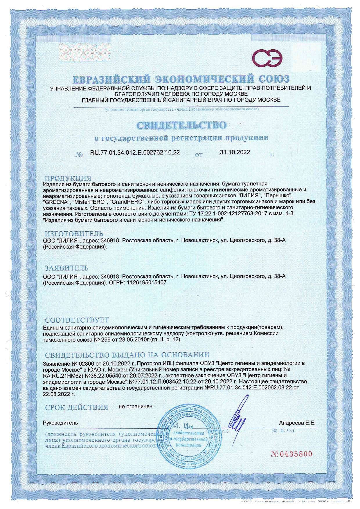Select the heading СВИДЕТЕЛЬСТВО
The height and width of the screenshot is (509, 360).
point(181,126)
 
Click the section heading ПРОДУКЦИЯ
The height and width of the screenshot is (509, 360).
point(68,178)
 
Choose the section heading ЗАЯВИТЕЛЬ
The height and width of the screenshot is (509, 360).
point(66,268)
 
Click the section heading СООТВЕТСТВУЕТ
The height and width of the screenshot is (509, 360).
point(77,320)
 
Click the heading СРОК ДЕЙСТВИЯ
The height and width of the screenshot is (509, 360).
point(77,407)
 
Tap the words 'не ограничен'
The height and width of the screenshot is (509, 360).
point(135,407)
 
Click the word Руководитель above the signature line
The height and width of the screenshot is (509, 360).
point(61,423)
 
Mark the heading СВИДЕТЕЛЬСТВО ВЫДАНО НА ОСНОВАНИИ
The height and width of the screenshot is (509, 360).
point(127,355)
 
